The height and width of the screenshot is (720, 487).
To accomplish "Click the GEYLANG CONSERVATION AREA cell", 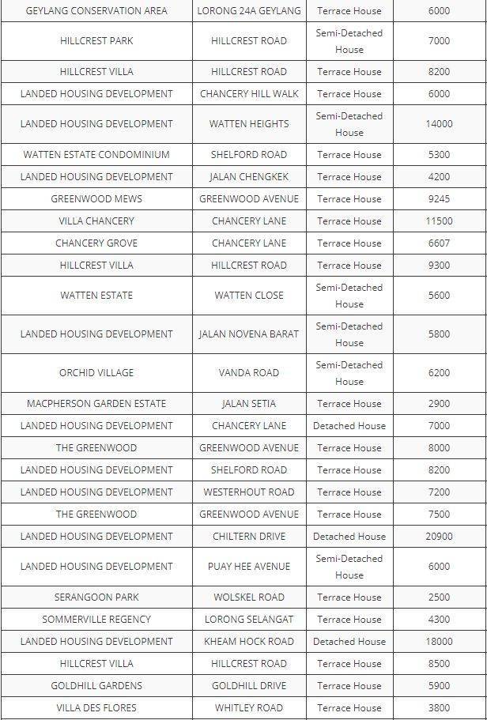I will [96, 11].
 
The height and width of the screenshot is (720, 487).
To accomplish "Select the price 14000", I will [439, 124].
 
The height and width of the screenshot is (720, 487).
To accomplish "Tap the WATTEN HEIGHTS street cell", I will [249, 124].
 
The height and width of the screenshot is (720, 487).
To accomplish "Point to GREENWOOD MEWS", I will [96, 199].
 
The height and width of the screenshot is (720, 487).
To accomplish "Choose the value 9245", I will [439, 199].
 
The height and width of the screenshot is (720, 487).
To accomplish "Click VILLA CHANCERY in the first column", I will [96, 221].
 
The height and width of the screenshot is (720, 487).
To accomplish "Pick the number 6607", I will [439, 243].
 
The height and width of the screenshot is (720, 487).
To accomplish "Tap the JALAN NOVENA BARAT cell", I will [249, 334].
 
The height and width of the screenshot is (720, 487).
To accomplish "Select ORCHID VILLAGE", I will [96, 373].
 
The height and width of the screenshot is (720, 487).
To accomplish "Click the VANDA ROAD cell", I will [249, 373].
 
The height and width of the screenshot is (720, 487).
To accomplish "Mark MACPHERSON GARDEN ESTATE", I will [96, 404].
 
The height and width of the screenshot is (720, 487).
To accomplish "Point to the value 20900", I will [439, 537].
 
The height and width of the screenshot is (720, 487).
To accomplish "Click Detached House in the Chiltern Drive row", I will [349, 537].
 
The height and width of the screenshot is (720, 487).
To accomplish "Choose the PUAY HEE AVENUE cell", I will [249, 567].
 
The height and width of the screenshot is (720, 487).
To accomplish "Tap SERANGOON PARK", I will [96, 597].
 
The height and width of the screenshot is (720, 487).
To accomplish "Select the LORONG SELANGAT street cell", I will [249, 620].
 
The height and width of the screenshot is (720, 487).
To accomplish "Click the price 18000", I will [439, 642].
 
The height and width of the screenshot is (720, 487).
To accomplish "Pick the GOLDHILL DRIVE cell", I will [249, 686].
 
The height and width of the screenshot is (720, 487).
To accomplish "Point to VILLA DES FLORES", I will [96, 708].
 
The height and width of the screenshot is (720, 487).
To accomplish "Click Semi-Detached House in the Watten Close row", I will [349, 296].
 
